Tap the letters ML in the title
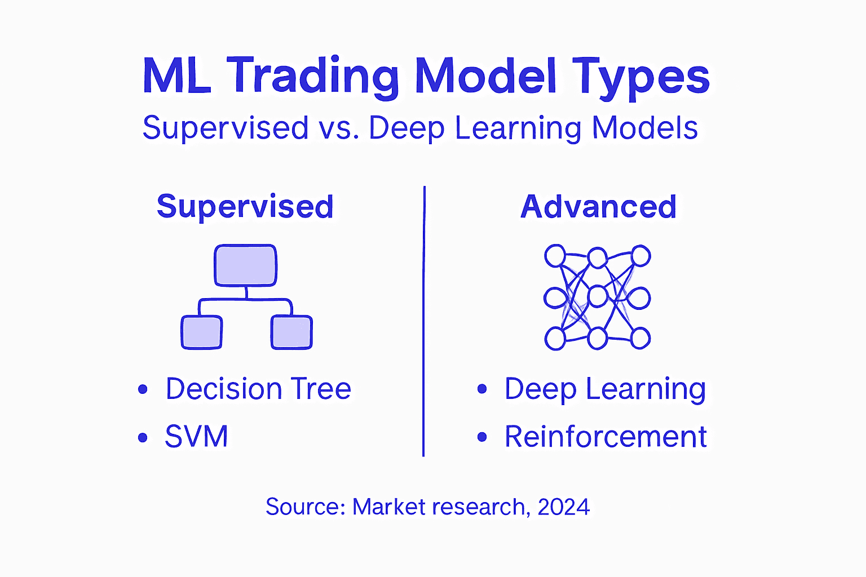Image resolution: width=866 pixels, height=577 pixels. tap(177, 76)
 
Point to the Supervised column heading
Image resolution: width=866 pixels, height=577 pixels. tap(245, 206)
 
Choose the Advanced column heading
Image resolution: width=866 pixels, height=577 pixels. tap(598, 206)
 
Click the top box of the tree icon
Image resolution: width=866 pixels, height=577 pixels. tap(245, 265)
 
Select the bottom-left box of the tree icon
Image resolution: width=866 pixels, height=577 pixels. tap(201, 332)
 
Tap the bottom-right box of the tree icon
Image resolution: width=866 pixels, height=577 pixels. tap(291, 332)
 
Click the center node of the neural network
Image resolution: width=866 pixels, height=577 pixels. tap(597, 296)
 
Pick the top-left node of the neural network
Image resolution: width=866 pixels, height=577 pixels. tap(555, 256)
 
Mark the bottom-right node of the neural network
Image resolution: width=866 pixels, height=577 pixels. tap(640, 338)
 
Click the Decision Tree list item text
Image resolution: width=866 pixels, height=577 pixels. tap(258, 389)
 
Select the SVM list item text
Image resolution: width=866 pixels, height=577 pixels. tap(196, 437)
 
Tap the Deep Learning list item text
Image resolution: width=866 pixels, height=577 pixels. tap(605, 389)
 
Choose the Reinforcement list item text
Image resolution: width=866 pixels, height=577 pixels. tap(606, 437)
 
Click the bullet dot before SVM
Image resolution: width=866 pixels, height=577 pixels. tap(143, 437)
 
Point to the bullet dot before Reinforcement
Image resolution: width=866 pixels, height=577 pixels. tap(481, 437)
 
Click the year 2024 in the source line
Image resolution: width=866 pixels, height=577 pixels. tap(563, 507)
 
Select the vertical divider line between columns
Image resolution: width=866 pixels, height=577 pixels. tap(424, 321)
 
